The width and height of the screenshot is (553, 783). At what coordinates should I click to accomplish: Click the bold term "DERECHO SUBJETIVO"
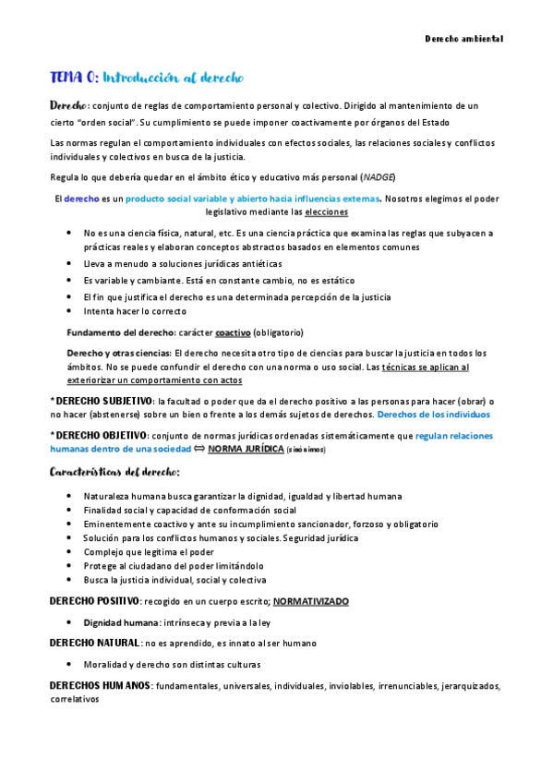click(102, 401)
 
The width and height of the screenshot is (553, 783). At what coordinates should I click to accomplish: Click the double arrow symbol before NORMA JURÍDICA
click(198, 449)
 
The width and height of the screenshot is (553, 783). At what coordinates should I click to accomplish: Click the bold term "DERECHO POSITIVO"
click(94, 601)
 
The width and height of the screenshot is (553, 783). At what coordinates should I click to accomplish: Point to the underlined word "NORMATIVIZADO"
click(310, 601)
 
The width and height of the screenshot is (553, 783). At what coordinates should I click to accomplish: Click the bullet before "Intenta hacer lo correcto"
click(71, 311)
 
